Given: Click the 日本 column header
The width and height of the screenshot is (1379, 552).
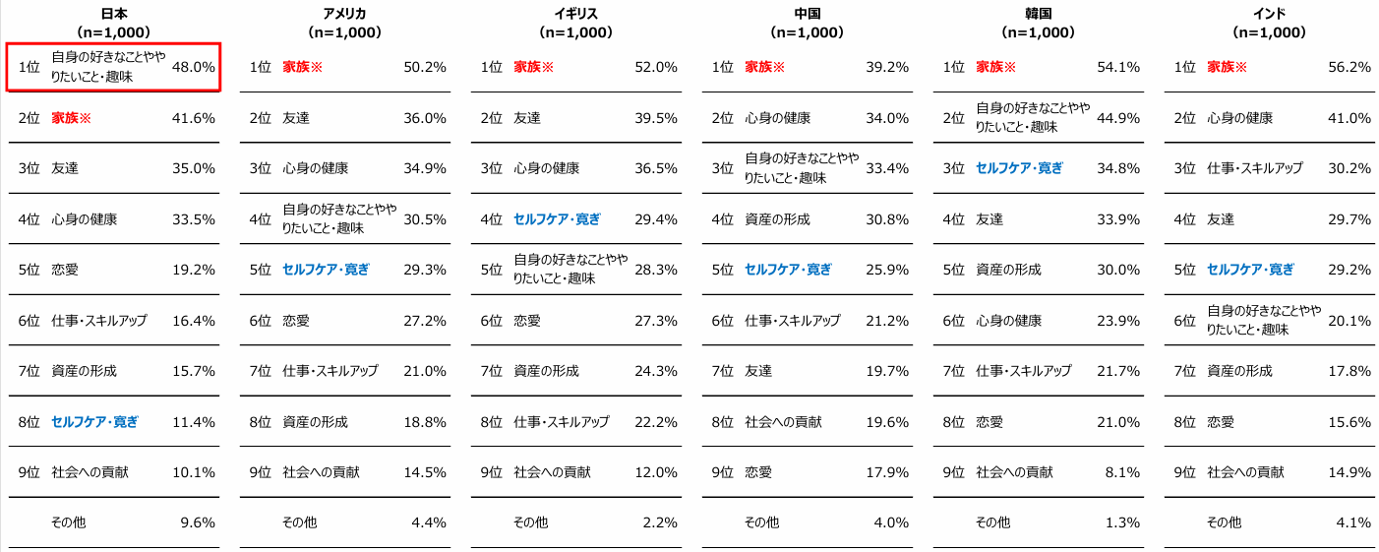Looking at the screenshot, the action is (x=114, y=14).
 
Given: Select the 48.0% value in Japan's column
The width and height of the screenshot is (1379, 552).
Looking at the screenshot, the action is (x=194, y=67).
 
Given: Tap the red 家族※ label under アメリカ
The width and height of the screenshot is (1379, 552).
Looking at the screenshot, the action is (x=302, y=67).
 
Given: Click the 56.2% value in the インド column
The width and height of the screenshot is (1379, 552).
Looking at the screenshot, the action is (x=1349, y=67).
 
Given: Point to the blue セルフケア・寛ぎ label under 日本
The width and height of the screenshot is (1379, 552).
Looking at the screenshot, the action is (x=94, y=422).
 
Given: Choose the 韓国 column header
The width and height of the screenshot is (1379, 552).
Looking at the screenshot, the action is (x=1038, y=14).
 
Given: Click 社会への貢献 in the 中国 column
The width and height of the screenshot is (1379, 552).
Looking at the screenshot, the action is (x=783, y=422).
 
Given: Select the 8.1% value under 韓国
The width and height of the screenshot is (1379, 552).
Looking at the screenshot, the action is (x=1122, y=472).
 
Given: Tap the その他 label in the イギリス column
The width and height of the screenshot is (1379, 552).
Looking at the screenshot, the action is (x=531, y=523).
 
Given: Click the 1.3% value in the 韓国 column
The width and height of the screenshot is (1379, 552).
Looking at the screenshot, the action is (x=1122, y=523).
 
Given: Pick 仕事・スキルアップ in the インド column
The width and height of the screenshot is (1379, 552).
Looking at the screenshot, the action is (x=1255, y=168).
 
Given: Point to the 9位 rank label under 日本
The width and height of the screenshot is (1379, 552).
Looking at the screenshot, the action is (x=29, y=472).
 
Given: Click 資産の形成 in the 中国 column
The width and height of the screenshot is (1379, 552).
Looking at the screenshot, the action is (x=778, y=219).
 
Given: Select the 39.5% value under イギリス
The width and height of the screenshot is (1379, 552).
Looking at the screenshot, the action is (x=656, y=118).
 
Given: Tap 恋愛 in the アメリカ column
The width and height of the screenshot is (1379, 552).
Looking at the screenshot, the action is (x=296, y=321).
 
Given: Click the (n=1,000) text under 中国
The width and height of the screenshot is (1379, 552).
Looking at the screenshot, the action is (x=808, y=32).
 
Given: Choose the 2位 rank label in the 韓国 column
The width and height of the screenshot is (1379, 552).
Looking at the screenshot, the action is (x=954, y=118).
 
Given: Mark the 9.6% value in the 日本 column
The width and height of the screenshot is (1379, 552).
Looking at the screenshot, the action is (x=198, y=523).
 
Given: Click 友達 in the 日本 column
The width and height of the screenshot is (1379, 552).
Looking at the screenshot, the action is (x=65, y=168).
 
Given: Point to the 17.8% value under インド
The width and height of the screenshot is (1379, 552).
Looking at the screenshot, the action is (x=1349, y=372).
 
